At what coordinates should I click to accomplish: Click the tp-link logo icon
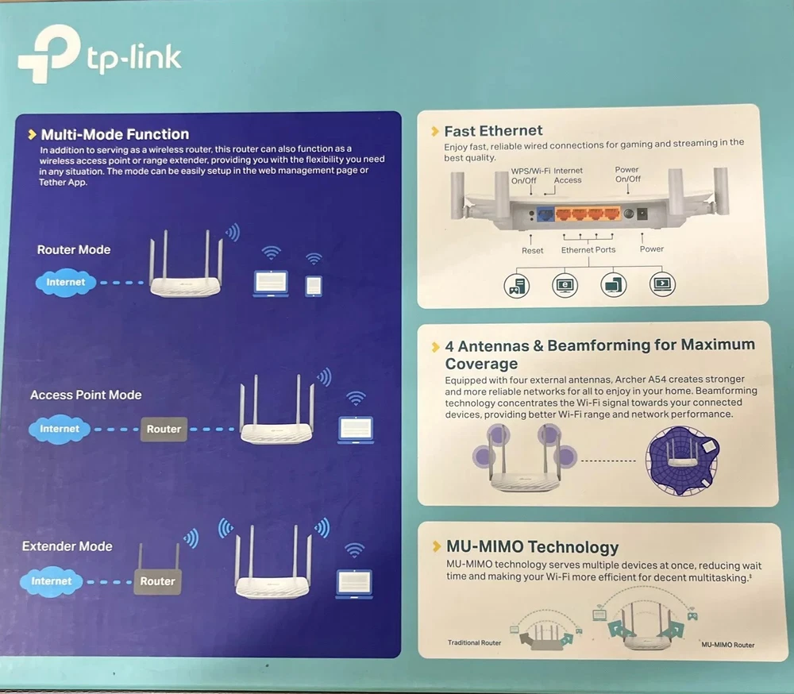pos(48,54)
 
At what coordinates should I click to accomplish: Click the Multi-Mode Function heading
pos(114,134)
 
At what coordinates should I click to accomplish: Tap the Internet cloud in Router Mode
pos(65,282)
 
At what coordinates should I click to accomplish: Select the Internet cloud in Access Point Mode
pos(60,429)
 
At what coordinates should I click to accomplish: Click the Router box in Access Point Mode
pos(164,429)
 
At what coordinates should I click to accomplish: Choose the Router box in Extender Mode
pos(157,581)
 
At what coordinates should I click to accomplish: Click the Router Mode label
pos(74,249)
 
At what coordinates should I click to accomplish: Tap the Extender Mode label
pos(67,546)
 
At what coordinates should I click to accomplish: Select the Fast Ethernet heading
pos(493,131)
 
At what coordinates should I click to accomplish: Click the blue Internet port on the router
pos(545,214)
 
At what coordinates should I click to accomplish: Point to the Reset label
pos(533,250)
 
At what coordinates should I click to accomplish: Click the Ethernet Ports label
pos(588,250)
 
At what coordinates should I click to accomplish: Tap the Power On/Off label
pos(627,174)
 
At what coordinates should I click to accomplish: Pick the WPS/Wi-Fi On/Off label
pos(530,175)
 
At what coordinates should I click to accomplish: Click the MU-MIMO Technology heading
pos(531,547)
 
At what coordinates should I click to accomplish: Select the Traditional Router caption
pos(474,642)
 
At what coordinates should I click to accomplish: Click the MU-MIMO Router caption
pos(727,645)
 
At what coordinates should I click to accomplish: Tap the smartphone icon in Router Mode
pos(314,285)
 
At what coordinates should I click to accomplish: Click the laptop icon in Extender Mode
pos(354,583)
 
